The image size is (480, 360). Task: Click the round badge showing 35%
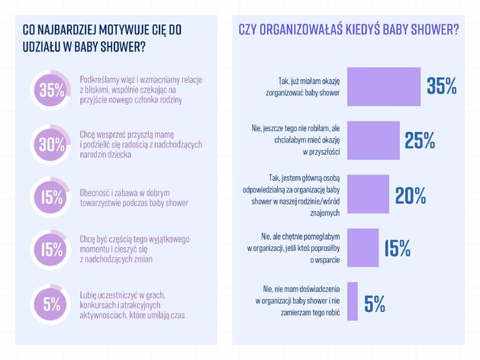pyautogui.click(x=51, y=90)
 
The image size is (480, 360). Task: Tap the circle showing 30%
pyautogui.click(x=51, y=144)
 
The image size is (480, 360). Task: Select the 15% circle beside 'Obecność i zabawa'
pyautogui.click(x=51, y=197)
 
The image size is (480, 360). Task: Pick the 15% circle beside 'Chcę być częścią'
pyautogui.click(x=51, y=249)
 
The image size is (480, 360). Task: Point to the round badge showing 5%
pyautogui.click(x=51, y=304)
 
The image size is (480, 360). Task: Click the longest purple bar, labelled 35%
pyautogui.click(x=384, y=86)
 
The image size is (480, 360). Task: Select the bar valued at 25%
pyautogui.click(x=373, y=140)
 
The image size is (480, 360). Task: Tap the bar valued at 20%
pyautogui.click(x=368, y=194)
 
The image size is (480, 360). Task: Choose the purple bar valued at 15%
pyautogui.click(x=362, y=247)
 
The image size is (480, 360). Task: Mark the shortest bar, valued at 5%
pyautogui.click(x=353, y=301)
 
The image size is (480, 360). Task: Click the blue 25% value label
pyautogui.click(x=420, y=140)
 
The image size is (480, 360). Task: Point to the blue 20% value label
pyautogui.click(x=411, y=195)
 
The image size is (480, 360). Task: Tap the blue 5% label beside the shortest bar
pyautogui.click(x=375, y=304)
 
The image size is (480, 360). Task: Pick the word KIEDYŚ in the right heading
pyautogui.click(x=362, y=30)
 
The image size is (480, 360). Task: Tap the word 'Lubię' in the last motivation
pyautogui.click(x=89, y=295)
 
